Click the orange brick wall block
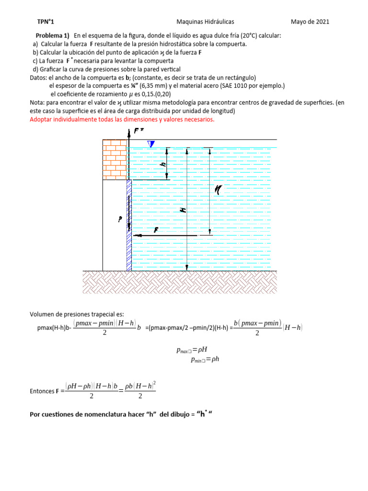click(115, 159)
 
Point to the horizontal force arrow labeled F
click(158, 235)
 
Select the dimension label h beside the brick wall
click(163, 164)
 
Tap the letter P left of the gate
click(120, 220)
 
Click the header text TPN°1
click(46, 22)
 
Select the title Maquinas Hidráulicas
click(205, 22)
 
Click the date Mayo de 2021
click(310, 22)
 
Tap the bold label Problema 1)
click(53, 36)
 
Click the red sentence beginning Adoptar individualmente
click(122, 119)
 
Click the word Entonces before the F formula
click(42, 391)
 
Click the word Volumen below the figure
click(42, 314)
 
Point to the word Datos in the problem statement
click(38, 78)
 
